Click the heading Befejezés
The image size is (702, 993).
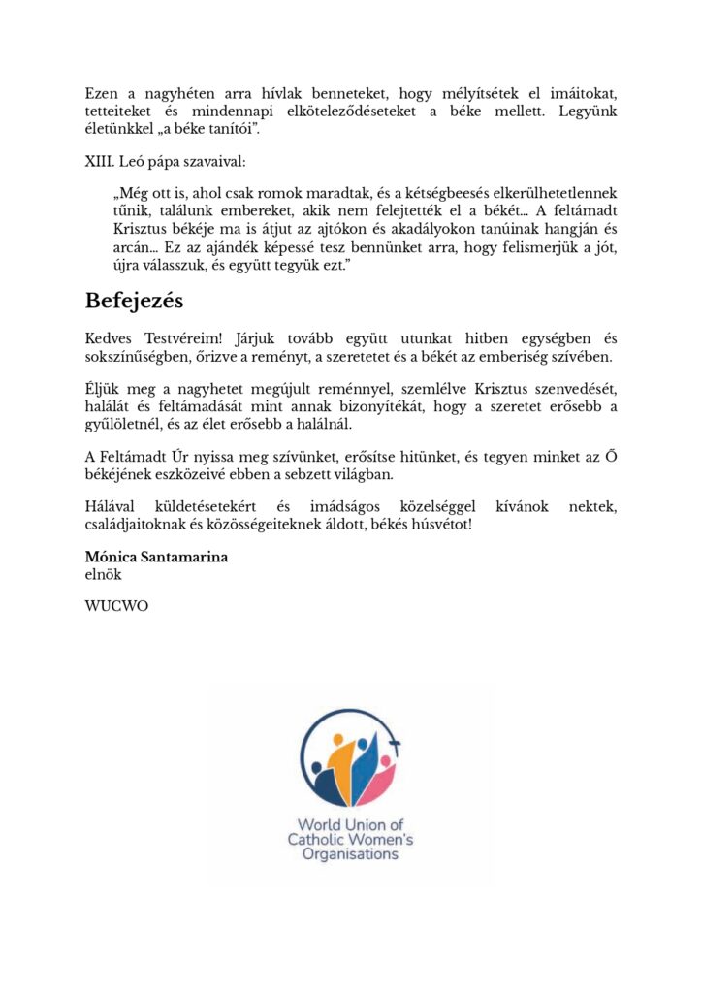pyautogui.click(x=134, y=300)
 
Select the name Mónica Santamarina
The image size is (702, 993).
pyautogui.click(x=156, y=558)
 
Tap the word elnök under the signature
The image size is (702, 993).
pyautogui.click(x=103, y=573)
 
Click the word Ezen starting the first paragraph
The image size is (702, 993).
pyautogui.click(x=102, y=94)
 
